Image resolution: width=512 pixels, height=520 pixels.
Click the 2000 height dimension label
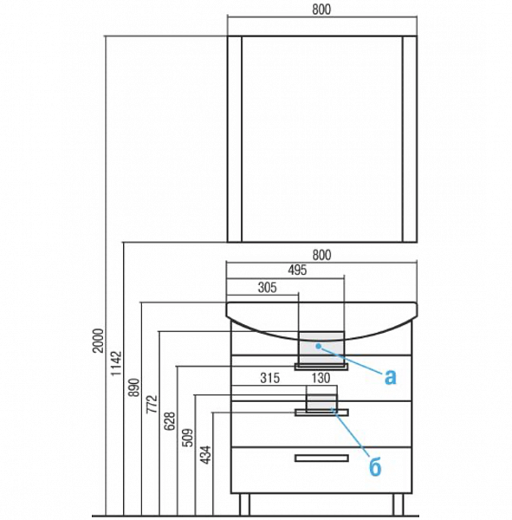pos(99,341)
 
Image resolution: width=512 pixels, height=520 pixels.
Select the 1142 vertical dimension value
pos(116,363)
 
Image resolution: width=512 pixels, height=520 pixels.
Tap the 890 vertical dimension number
pos(134,387)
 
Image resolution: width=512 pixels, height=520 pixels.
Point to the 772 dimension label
pos(152,404)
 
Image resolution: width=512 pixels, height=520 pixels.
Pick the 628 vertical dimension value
pos(170,421)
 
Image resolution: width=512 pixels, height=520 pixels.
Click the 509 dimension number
pos(188,438)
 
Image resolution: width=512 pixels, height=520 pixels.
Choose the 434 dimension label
pos(206,455)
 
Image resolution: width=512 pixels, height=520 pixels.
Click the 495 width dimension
pos(297,270)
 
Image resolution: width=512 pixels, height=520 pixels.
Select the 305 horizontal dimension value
pos(268,288)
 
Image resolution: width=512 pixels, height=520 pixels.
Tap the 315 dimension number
pos(270,378)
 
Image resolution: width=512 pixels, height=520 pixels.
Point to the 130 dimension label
pos(321,378)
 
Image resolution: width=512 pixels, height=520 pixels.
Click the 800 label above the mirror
pos(321,10)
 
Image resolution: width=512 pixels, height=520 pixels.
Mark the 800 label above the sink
pos(321,255)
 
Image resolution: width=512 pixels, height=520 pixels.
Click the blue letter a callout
pos(391,377)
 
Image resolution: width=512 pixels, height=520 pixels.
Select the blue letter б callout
pos(375,467)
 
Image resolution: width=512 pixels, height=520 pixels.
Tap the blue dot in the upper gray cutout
pos(318,346)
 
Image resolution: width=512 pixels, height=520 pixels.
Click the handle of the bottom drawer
pos(321,458)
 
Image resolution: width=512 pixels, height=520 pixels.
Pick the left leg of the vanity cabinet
pos(244,504)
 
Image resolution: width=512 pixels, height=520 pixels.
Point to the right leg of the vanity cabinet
pos(399,504)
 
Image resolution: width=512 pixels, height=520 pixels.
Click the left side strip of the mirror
pos(235,139)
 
